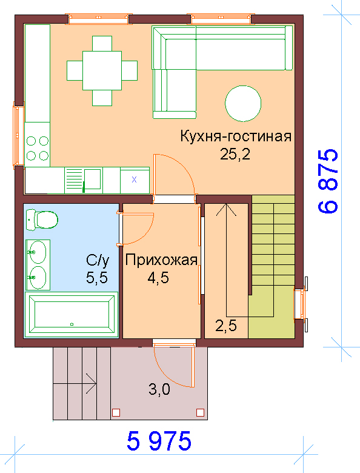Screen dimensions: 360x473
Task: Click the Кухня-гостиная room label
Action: (x=236, y=136)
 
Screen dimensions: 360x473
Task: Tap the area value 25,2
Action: (x=235, y=155)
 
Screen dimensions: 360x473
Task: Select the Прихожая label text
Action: (x=161, y=260)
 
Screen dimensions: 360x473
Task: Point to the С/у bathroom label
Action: (x=98, y=261)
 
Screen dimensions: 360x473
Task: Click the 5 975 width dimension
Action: (x=159, y=441)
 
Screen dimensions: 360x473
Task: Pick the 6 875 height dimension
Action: (x=328, y=181)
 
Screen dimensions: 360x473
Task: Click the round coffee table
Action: (x=243, y=104)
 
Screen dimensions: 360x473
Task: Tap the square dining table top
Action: (x=102, y=70)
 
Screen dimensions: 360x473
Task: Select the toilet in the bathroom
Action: (x=42, y=220)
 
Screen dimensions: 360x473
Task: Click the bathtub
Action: (x=72, y=314)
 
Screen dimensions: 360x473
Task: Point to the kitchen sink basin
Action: (x=92, y=179)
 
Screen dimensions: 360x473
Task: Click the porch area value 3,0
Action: (x=159, y=389)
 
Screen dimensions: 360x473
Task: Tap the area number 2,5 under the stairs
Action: (x=226, y=326)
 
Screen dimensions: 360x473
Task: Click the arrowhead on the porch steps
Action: (x=92, y=384)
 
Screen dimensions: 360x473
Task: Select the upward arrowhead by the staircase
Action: (x=226, y=210)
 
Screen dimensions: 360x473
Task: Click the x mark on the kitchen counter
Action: (x=134, y=179)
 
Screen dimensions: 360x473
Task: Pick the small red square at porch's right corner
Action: (x=200, y=412)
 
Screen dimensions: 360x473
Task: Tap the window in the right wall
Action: (x=301, y=304)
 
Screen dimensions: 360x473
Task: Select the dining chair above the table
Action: (x=102, y=44)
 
